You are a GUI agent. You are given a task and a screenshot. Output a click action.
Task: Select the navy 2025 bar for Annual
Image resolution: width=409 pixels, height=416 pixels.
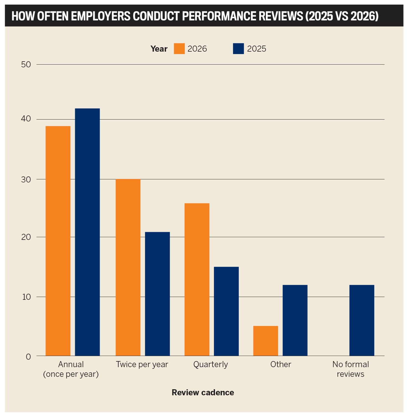pos(87,232)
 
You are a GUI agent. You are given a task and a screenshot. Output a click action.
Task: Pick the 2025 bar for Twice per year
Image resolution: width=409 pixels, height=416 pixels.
pos(157,294)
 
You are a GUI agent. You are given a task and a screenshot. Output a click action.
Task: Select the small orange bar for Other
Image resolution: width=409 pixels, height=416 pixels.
pos(266,341)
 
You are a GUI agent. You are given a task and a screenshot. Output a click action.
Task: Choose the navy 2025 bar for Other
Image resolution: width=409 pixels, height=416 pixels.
pos(295,320)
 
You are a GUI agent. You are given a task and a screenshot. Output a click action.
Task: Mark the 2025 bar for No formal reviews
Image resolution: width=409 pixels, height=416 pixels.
pos(362,320)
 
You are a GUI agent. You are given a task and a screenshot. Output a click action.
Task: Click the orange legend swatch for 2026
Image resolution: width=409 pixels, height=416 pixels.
pos(179,49)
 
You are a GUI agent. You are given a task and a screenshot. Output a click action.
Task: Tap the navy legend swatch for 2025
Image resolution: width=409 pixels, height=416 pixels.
pos(238,49)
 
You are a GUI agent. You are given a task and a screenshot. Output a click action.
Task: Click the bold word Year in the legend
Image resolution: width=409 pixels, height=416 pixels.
pos(159,49)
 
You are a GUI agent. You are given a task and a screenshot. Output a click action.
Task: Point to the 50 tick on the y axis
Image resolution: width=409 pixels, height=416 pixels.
pos(26,65)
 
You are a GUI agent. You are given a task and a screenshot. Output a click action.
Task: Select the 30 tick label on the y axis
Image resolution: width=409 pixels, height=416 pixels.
pos(26,179)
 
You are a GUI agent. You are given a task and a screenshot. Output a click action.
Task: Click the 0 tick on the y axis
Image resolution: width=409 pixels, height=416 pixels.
pos(28,357)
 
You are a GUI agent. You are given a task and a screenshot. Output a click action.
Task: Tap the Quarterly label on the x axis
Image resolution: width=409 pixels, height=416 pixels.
pos(211,364)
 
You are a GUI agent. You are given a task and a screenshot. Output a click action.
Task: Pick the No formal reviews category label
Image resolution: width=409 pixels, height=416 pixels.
pos(350,369)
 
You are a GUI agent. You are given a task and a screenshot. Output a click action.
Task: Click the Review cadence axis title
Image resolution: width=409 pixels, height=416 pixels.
pos(203,393)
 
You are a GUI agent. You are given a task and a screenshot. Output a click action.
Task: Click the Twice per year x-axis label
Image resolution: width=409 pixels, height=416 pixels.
pos(142,364)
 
